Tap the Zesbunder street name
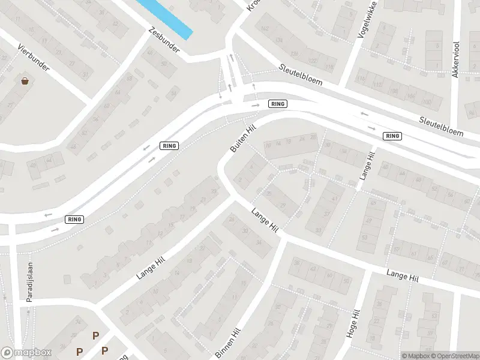(164, 40)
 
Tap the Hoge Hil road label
(355, 324)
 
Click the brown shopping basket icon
(25, 81)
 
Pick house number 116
(361, 79)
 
